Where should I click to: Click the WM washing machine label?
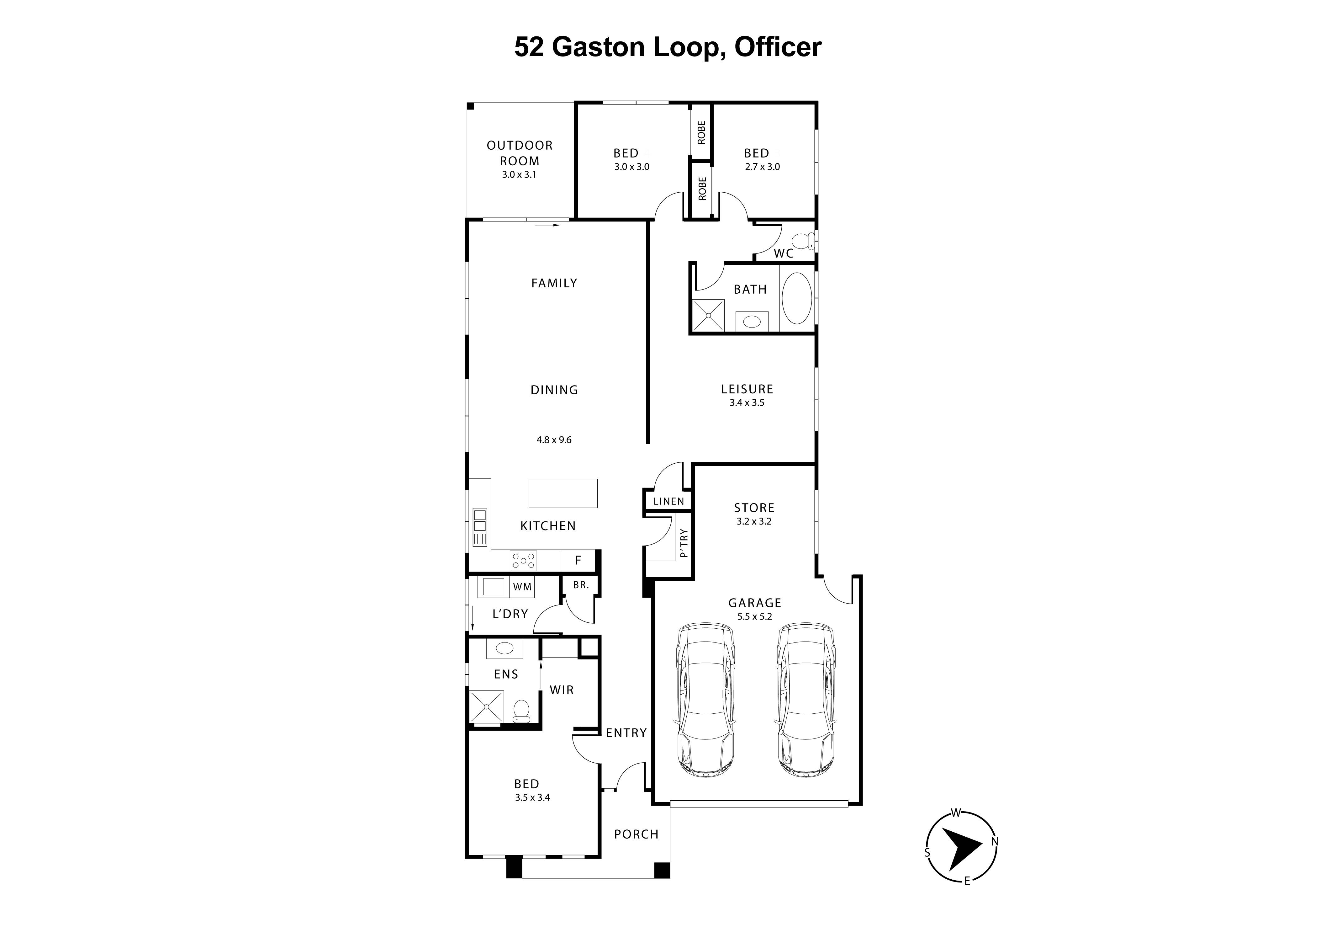[x=522, y=587]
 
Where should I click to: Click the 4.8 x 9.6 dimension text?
[x=553, y=440]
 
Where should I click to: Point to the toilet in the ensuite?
[x=521, y=710]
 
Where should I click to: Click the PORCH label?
[x=636, y=834]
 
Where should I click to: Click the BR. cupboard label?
[x=580, y=585]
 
